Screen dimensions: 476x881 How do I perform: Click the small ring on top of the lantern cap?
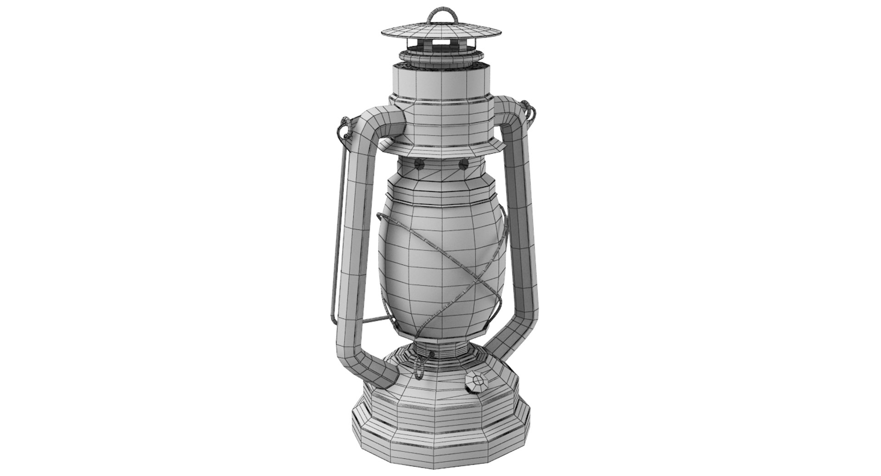pos(442,14)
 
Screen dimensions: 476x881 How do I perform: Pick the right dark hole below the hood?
pos(464,164)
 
